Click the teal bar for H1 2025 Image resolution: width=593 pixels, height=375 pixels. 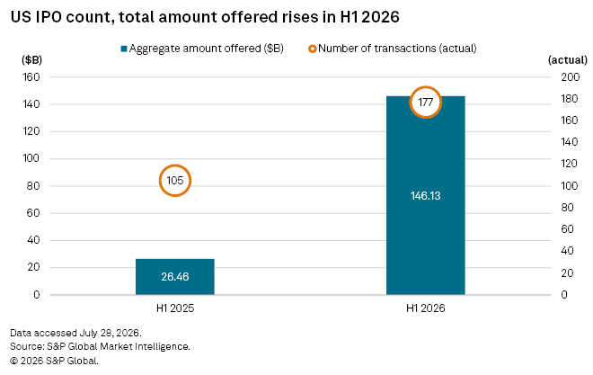(175, 277)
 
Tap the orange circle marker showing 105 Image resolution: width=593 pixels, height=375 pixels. (175, 165)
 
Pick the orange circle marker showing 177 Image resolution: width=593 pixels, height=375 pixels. (426, 87)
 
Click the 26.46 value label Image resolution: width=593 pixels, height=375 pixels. (175, 277)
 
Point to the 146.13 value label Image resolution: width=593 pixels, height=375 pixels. (426, 196)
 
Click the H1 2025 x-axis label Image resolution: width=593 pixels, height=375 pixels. (175, 308)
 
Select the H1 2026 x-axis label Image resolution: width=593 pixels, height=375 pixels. (426, 308)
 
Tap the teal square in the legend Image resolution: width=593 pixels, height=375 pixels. (124, 49)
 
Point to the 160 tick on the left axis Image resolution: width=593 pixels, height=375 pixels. (31, 77)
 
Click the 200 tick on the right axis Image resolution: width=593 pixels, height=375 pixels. (570, 77)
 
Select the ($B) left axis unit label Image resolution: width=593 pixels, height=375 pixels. (31, 59)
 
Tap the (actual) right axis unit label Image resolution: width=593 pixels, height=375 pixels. (568, 59)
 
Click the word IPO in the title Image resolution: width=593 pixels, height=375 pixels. (49, 17)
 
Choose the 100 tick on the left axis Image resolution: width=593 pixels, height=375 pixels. (31, 158)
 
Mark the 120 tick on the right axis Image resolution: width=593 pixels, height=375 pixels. (569, 164)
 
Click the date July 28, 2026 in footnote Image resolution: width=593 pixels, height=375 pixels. (110, 333)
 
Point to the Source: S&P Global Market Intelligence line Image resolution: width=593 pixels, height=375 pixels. (100, 346)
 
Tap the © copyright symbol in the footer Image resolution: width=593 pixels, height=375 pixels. (14, 361)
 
